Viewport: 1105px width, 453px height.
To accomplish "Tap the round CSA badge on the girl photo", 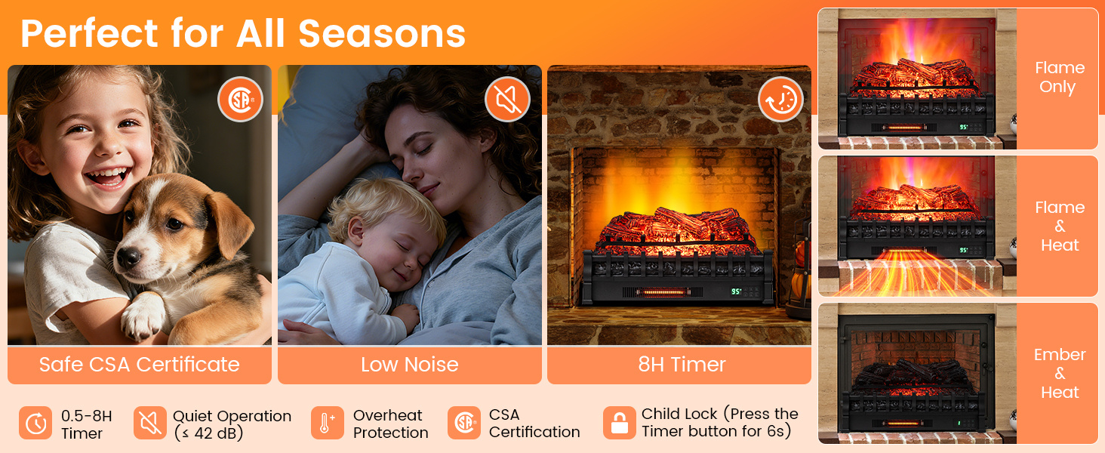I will coord(240,99).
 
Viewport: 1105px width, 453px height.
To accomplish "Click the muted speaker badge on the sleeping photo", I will coord(507,99).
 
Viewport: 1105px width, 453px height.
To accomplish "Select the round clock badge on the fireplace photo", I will coord(780,99).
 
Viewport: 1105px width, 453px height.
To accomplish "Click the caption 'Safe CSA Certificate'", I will coord(139,365).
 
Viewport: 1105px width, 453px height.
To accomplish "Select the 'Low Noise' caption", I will coord(409,365).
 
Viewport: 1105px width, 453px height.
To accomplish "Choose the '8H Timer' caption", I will coord(682,365).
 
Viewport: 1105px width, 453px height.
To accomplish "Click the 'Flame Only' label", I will coord(1060,77).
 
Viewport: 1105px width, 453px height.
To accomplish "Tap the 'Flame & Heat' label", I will coord(1060,226).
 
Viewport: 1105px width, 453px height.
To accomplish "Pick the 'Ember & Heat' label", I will coord(1060,373).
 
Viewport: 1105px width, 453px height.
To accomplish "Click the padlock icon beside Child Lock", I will coord(619,423).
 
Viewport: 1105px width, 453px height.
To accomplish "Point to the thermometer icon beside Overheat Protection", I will coord(327,423).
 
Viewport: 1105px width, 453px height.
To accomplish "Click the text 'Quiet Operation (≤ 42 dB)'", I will coord(232,424).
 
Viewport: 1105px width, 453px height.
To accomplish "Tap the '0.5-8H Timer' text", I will coord(86,424).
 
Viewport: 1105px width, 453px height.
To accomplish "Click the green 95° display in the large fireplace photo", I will coord(735,291).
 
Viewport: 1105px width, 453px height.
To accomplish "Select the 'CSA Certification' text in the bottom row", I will coord(534,424).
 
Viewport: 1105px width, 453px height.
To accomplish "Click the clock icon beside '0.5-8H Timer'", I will coord(35,423).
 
